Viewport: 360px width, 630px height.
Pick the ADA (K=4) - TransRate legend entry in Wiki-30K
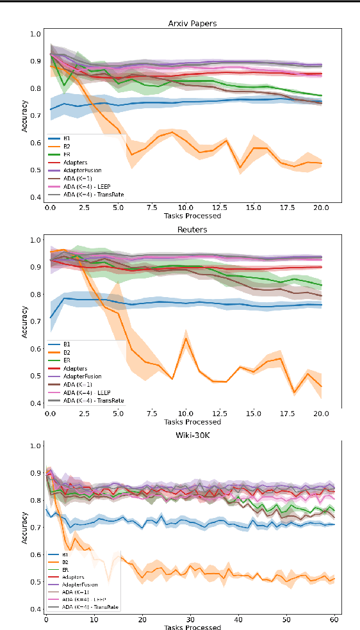tap(89, 606)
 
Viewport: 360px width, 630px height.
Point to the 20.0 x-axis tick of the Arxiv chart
tap(322, 209)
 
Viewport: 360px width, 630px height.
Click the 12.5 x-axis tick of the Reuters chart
tap(220, 414)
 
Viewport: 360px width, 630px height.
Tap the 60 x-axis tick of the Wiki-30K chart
tap(334, 620)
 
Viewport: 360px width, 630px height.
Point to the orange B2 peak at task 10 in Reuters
tap(186, 337)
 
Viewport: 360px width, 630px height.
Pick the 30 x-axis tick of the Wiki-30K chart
tap(190, 620)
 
